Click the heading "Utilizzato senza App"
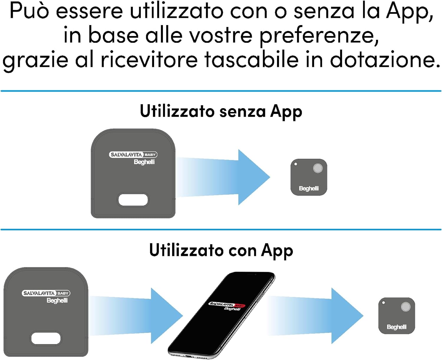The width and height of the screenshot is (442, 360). (x=221, y=112)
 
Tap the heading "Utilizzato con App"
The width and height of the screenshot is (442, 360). (x=221, y=250)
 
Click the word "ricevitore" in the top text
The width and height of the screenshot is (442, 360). (x=149, y=60)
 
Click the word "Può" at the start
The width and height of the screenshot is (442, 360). (x=29, y=11)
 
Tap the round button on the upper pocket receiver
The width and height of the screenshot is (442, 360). (x=318, y=168)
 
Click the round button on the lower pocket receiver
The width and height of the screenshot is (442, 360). (x=405, y=307)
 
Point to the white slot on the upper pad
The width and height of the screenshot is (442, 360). (x=133, y=200)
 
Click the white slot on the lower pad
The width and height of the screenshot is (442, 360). (x=46, y=338)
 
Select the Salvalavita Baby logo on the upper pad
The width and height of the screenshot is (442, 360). (x=133, y=155)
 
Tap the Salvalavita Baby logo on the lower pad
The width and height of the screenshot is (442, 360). (x=46, y=293)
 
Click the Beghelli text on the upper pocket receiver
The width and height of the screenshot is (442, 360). (x=309, y=189)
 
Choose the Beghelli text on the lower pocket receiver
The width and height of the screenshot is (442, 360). (x=397, y=327)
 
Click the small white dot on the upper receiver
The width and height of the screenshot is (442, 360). (x=296, y=164)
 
